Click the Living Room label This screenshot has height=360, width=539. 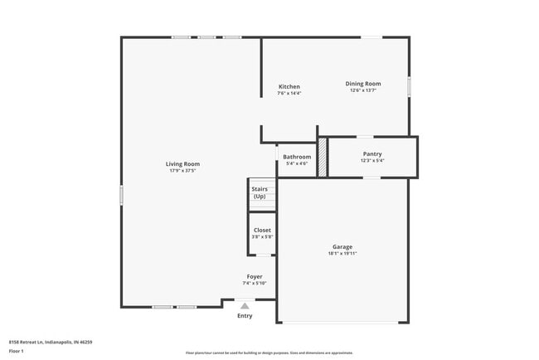point(184,164)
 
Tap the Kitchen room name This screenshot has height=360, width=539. point(289,87)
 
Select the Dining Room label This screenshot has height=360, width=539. point(363,84)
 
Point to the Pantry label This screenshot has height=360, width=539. point(372,153)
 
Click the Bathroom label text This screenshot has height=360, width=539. point(297,157)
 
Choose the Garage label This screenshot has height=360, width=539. point(342,246)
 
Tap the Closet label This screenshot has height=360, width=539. point(262,230)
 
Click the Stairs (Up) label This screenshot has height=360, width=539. point(260,192)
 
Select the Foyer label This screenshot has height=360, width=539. point(255,276)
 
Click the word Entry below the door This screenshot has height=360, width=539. point(245,316)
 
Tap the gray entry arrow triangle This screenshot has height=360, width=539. point(245,305)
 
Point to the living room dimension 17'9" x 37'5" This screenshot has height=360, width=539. point(183,171)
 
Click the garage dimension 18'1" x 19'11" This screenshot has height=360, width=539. point(342,253)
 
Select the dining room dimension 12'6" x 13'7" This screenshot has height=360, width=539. point(363,90)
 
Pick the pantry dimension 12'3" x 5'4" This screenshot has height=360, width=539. point(372,160)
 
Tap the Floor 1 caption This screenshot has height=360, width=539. point(17,351)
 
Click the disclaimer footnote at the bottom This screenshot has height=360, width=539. point(269,353)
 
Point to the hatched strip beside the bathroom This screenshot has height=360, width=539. point(323,157)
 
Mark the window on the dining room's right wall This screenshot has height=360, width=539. point(409,87)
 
